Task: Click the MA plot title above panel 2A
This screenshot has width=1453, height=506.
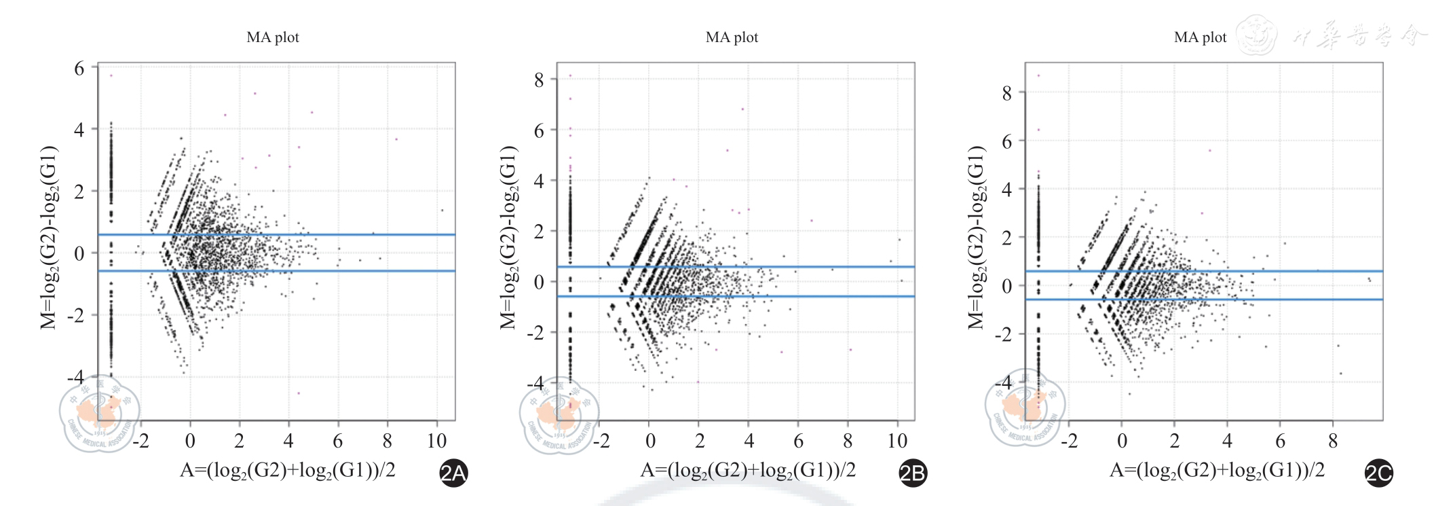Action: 272,37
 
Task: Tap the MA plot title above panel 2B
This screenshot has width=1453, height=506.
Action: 732,37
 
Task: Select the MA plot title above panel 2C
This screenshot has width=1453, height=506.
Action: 1200,37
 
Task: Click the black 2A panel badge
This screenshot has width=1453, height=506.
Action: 453,473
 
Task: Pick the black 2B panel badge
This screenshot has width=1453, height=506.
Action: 912,473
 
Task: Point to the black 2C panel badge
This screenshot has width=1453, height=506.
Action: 1378,473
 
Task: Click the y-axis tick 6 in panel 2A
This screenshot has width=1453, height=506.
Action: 79,69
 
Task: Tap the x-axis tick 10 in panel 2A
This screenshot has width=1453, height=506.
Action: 436,441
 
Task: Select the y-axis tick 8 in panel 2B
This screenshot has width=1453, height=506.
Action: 539,80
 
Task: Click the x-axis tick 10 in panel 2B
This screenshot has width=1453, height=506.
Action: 897,441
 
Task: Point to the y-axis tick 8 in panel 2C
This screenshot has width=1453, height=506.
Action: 1007,93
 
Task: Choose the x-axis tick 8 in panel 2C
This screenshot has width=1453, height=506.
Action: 1333,441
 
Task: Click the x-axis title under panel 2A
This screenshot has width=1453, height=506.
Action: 287,470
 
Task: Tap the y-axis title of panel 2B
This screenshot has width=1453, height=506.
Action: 508,238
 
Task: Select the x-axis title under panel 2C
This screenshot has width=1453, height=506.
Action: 1217,470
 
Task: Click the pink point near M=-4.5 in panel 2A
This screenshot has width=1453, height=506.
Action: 298,393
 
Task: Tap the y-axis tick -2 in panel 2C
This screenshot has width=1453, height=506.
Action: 1003,334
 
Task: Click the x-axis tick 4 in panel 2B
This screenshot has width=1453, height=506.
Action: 749,441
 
